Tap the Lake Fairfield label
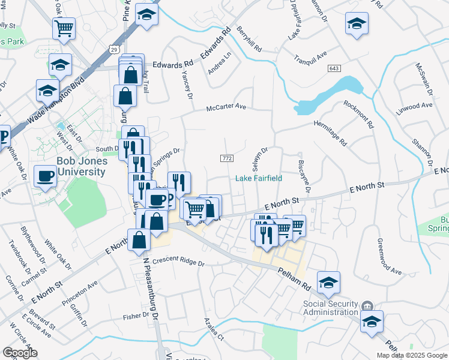[258, 178]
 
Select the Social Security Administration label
[331, 307]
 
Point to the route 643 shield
[334, 68]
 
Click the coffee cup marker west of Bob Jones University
[46, 176]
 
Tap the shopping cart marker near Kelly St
[64, 27]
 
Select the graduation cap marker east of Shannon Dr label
[357, 23]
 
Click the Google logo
[20, 353]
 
